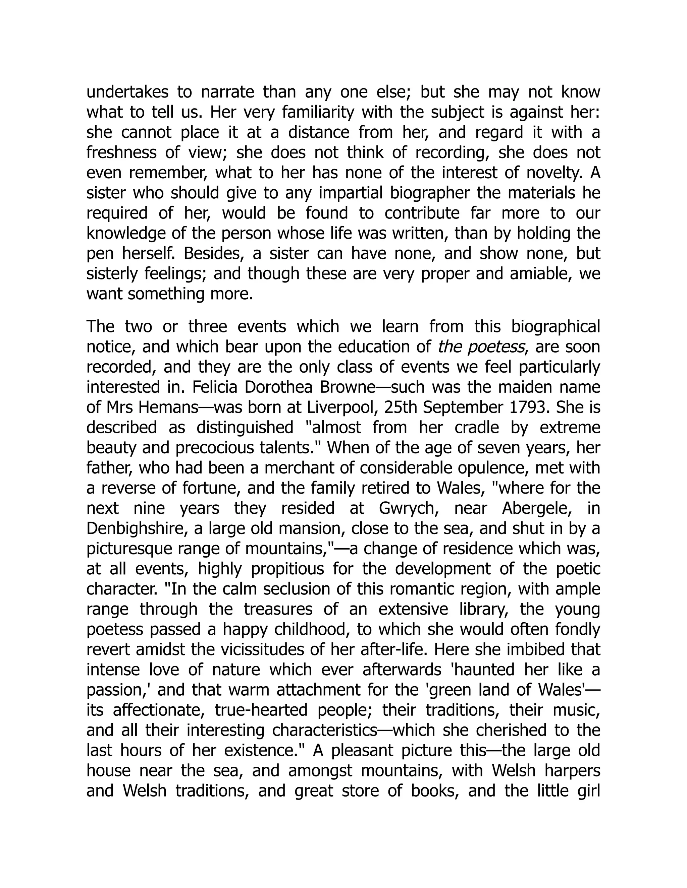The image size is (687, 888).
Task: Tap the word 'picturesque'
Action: tap(128, 549)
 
